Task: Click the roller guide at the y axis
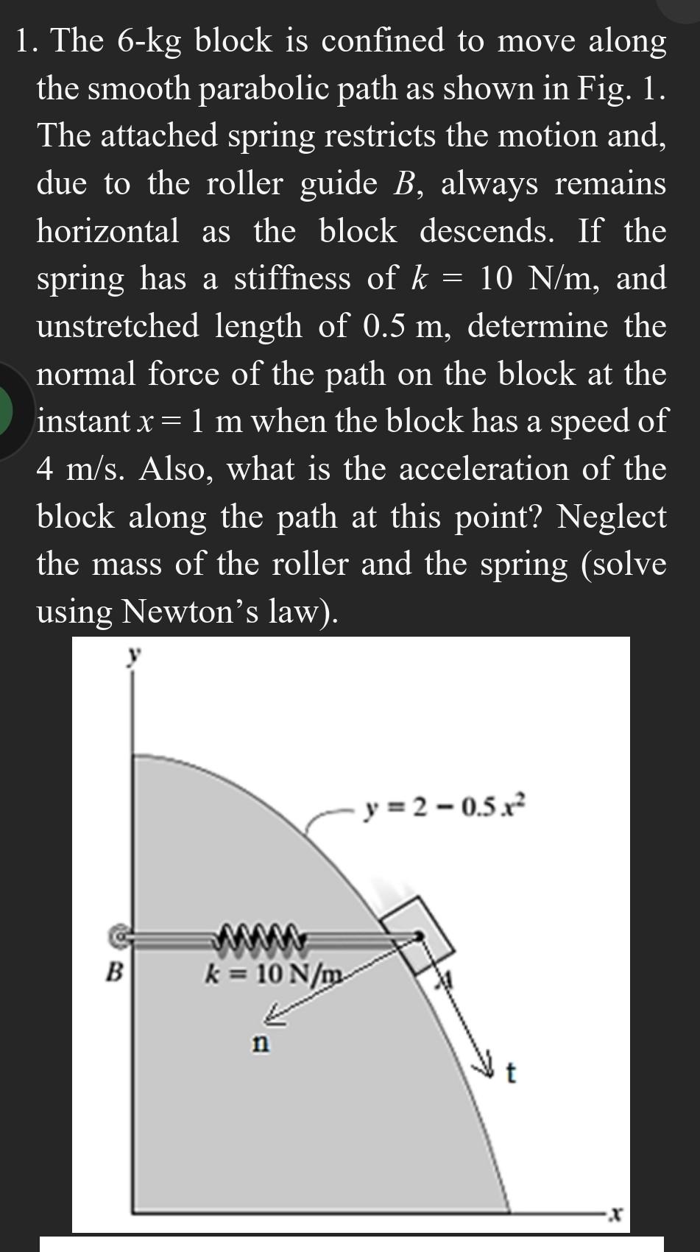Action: pos(117,936)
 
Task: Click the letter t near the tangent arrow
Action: pos(512,1075)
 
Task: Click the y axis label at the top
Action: pos(133,654)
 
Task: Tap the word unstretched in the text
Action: pos(118,326)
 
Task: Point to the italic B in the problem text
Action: pos(402,184)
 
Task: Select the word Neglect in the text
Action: pos(612,516)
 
